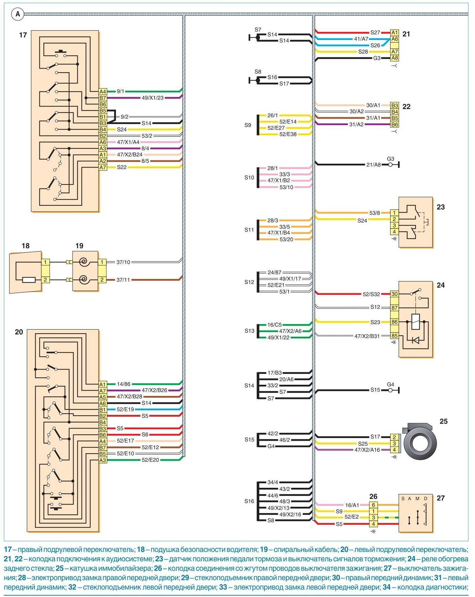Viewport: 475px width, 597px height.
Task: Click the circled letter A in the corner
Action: [x=18, y=14]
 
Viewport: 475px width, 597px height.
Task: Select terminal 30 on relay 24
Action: [x=394, y=294]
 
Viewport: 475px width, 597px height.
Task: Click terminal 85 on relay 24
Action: [x=394, y=336]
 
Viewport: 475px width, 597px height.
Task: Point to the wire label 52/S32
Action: [x=371, y=294]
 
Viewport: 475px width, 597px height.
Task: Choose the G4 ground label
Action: [x=391, y=384]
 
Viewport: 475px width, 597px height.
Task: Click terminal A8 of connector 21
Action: [x=394, y=58]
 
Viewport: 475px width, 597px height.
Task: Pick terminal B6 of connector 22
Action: [x=394, y=124]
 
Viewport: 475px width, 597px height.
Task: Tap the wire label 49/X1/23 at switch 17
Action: [x=153, y=98]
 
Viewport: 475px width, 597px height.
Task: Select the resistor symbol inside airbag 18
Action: [x=29, y=280]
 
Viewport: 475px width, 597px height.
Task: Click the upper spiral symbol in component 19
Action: [x=83, y=262]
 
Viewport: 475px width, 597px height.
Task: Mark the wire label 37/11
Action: [x=123, y=280]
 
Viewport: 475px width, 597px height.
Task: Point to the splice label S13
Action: [x=249, y=331]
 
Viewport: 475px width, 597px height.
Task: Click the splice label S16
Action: [x=249, y=501]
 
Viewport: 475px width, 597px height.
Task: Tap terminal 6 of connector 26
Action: [x=373, y=505]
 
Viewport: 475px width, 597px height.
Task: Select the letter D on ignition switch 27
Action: [x=426, y=499]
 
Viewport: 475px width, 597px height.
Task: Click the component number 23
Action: [x=440, y=207]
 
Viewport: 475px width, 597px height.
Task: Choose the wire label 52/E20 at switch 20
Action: [x=150, y=460]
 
